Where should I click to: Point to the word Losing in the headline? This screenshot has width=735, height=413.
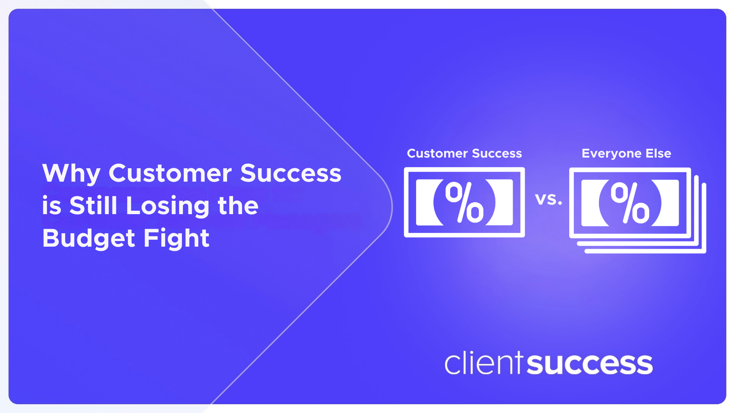168,206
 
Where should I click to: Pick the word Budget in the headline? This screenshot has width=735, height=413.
88,239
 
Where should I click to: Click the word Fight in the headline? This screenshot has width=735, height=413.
176,239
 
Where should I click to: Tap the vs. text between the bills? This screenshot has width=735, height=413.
548,199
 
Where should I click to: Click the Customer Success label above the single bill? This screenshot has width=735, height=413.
464,153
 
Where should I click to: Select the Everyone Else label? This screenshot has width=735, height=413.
626,153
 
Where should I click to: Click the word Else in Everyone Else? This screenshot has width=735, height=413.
658,153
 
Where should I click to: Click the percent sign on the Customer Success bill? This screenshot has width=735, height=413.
464,202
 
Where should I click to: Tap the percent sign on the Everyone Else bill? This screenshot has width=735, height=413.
630,203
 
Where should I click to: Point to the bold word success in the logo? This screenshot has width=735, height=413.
590,364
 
